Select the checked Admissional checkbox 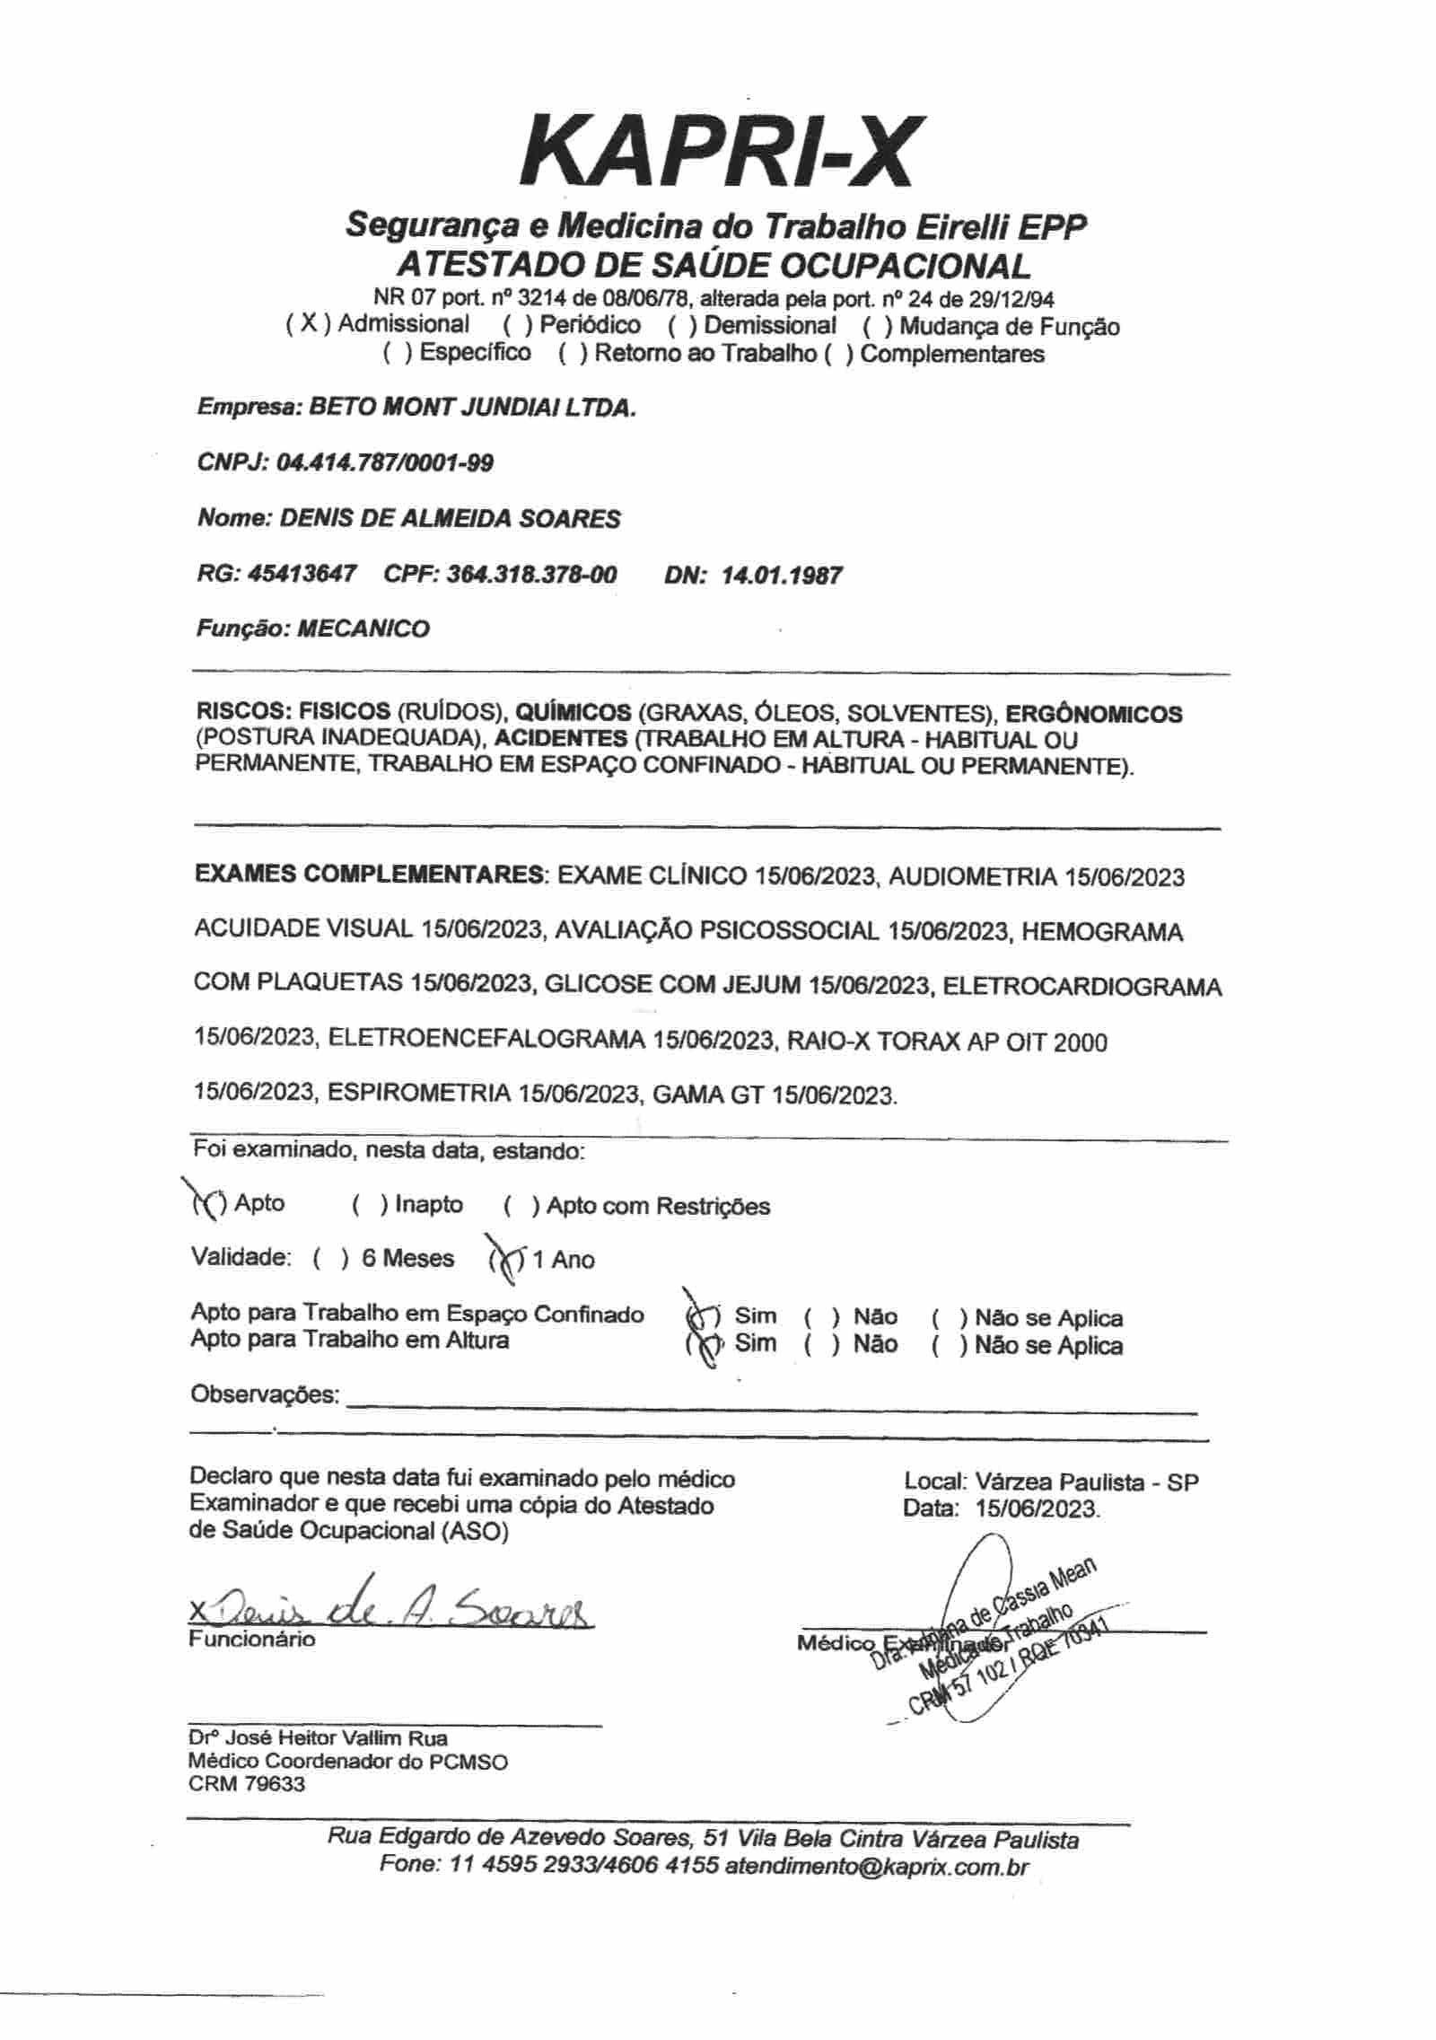(309, 324)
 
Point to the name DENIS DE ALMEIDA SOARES (450, 519)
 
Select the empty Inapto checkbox (370, 1205)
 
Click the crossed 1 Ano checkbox (506, 1260)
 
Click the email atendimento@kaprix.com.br (877, 1865)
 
